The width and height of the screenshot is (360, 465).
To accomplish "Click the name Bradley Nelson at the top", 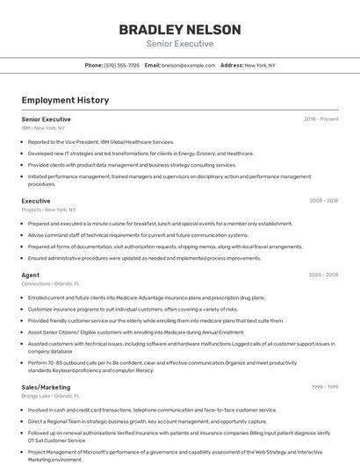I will click(179, 29).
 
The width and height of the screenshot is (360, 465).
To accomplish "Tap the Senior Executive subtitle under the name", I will click(179, 43).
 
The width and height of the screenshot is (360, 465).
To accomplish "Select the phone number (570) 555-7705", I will click(121, 65).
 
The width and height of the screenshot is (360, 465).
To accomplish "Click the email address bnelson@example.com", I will click(189, 65).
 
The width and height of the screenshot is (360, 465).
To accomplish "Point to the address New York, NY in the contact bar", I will click(259, 65).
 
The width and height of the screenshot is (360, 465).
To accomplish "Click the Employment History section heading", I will click(65, 100).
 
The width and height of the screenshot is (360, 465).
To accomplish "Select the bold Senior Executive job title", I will click(46, 118).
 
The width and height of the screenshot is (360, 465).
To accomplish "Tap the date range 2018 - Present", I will click(320, 118).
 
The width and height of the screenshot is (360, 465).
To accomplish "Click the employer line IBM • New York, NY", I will click(43, 127).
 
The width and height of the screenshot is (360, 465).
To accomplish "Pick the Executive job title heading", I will click(36, 201).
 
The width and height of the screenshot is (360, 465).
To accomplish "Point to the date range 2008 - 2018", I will click(323, 201).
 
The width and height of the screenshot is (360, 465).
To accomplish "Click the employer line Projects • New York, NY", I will click(48, 210).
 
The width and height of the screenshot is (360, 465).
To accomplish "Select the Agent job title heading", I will click(31, 275).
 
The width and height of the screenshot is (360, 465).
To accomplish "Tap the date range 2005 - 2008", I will click(323, 275).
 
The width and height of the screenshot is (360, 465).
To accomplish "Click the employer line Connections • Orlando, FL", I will click(50, 283).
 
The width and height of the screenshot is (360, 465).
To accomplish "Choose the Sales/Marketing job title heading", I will click(46, 386).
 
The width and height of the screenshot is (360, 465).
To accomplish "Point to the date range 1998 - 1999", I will click(324, 386).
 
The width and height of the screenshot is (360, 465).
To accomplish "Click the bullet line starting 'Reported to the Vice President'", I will click(101, 141).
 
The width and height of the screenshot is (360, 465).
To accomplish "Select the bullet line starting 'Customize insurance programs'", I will click(133, 309).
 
